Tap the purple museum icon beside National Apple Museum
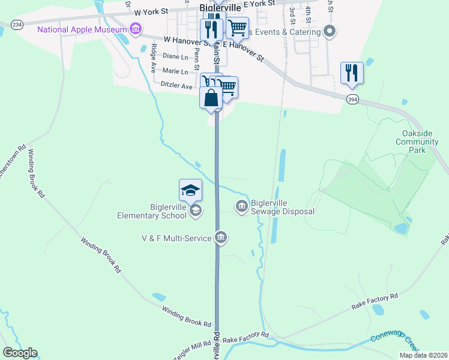(136, 29)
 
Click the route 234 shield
(17, 24)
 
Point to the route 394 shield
(352, 99)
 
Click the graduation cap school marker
(191, 190)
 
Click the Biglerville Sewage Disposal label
(282, 207)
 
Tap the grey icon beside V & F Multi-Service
(221, 238)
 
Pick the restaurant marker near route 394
(352, 73)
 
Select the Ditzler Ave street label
(176, 86)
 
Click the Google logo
(20, 353)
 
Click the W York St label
(154, 12)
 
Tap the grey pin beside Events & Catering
(329, 30)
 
